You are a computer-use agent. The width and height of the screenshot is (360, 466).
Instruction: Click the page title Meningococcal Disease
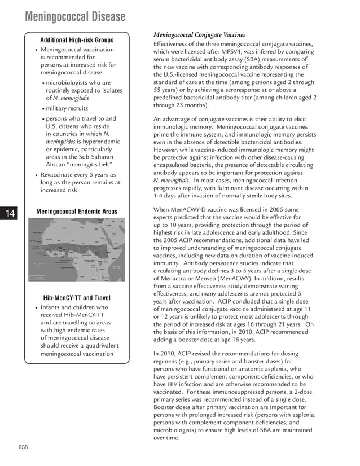[75, 17]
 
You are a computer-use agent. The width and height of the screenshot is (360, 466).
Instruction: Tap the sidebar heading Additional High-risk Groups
[77, 40]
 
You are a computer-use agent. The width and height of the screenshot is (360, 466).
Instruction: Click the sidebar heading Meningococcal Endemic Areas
[77, 212]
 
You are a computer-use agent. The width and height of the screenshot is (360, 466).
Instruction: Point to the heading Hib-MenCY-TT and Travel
[77, 297]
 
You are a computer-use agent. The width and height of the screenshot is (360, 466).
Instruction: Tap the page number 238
[23, 447]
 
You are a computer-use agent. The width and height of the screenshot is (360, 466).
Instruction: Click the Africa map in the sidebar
[77, 249]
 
